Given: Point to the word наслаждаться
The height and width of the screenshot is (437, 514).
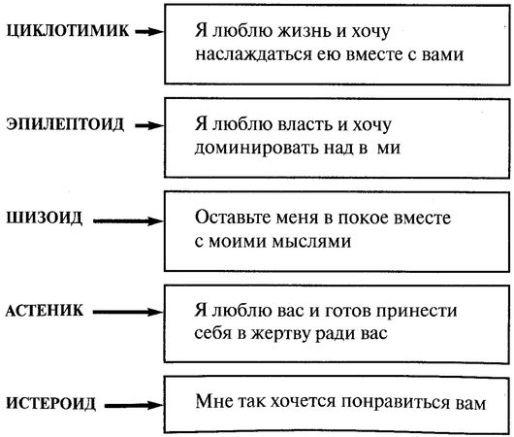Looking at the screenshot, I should coord(243,54).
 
